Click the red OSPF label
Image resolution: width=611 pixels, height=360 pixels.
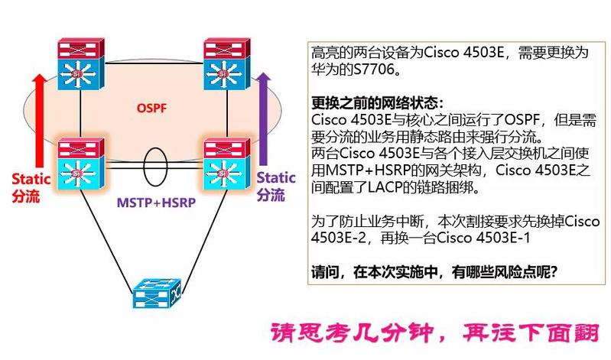point(151,108)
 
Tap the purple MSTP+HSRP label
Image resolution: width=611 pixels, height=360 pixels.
point(156,203)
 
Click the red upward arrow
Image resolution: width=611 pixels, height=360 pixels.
point(39,122)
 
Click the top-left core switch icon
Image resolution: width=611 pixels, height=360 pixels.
point(81,64)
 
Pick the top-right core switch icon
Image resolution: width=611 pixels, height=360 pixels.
point(227,64)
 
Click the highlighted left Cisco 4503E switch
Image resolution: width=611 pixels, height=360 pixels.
point(81,164)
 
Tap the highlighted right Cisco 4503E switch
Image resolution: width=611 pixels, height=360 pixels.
point(227,164)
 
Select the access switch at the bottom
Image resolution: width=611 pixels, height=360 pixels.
point(157,293)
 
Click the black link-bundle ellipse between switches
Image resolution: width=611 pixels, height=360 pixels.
point(155,166)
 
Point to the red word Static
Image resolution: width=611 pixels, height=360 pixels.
point(31,179)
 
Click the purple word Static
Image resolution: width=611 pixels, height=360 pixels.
point(276,177)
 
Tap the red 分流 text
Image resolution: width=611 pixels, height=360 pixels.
point(26,196)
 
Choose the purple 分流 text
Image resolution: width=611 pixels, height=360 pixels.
point(271,194)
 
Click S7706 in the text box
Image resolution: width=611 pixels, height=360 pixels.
point(375,70)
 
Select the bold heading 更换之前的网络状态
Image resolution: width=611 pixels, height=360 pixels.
point(378,103)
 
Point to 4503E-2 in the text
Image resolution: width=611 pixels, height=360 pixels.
point(338,238)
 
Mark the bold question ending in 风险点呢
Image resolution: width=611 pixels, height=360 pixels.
point(434,271)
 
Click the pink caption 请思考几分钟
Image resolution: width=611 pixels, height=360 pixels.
point(353,332)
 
